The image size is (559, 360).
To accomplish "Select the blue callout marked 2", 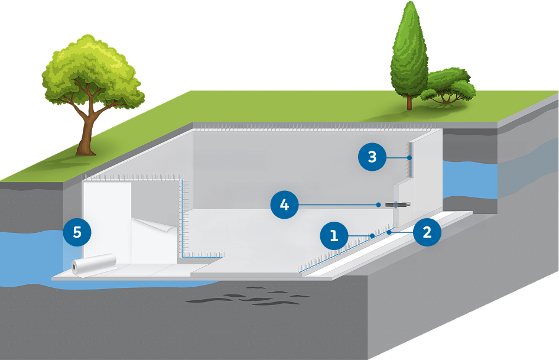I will [427, 232].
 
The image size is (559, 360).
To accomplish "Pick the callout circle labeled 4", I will [285, 205].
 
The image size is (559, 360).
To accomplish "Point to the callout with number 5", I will [77, 232].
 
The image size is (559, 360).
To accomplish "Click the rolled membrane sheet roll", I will [94, 264].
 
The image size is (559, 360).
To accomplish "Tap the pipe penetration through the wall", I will [397, 205].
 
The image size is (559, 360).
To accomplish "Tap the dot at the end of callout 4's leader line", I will [379, 205].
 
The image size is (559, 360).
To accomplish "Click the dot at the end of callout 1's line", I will [372, 235].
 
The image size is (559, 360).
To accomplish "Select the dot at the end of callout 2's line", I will [389, 233].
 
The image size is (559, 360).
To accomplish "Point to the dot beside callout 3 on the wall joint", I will [409, 158].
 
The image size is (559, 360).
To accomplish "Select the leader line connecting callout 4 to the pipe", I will [337, 205].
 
